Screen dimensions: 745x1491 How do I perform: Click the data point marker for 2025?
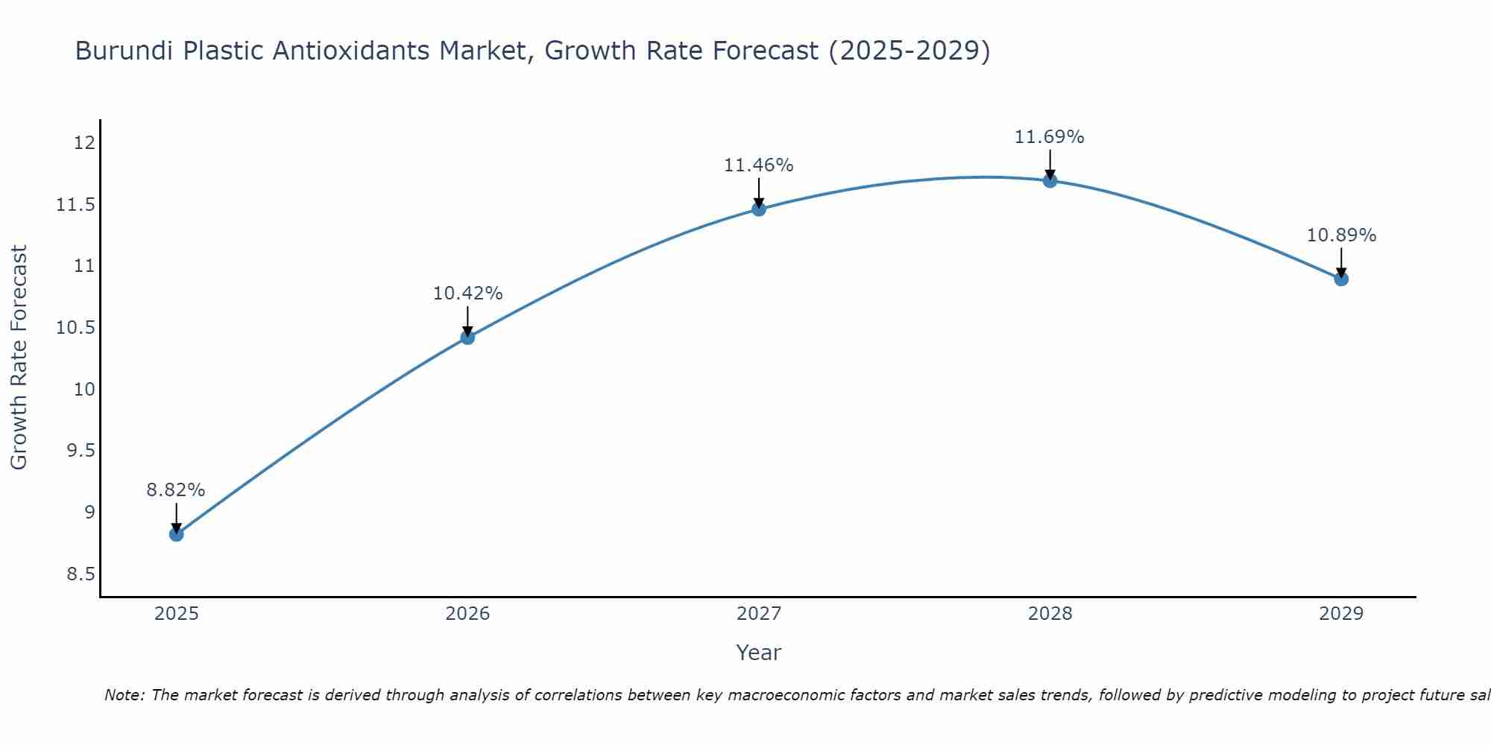177,534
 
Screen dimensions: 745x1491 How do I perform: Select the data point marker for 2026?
467,337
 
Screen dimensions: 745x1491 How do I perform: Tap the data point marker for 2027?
759,209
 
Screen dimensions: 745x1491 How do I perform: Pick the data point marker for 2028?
1050,180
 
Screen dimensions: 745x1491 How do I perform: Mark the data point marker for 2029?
1341,279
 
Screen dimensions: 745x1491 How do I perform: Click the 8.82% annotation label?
176,490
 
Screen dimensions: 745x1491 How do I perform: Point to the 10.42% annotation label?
467,294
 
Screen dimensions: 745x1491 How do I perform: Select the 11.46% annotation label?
759,165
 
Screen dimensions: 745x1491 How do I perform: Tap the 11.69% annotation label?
1050,137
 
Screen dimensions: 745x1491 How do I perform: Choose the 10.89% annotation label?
1341,235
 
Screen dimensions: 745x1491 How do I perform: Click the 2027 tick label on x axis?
759,614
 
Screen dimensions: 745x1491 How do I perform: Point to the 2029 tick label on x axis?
1341,614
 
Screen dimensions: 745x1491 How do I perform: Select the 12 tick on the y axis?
85,142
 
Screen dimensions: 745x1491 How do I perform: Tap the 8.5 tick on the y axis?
81,574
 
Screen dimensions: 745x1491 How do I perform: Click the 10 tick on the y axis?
85,389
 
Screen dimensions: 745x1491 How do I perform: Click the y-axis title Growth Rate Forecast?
19,357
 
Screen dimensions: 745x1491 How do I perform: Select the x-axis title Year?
759,653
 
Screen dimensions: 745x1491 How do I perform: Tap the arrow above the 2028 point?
1050,163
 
